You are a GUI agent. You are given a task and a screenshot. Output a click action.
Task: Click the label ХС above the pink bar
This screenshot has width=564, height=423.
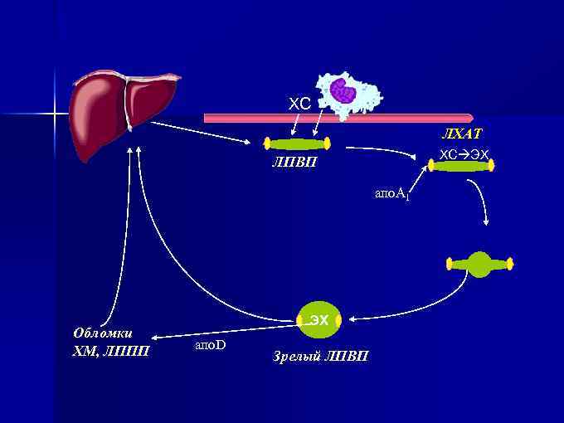pyautogui.click(x=299, y=104)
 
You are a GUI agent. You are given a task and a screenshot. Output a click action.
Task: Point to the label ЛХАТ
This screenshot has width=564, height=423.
pyautogui.click(x=462, y=134)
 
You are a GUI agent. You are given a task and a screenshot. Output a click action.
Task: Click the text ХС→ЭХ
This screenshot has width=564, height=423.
pyautogui.click(x=464, y=154)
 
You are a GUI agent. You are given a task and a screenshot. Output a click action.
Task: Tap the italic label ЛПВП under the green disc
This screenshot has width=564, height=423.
pyautogui.click(x=294, y=163)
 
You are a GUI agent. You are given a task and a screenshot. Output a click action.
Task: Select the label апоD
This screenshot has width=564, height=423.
pyautogui.click(x=210, y=343)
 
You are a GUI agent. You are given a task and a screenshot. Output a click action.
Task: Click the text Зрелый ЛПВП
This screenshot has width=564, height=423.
pyautogui.click(x=321, y=357)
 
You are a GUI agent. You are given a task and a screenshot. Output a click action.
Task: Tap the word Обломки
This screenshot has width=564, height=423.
pyautogui.click(x=104, y=333)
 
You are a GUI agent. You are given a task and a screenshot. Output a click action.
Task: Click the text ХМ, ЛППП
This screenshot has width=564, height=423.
pyautogui.click(x=111, y=351)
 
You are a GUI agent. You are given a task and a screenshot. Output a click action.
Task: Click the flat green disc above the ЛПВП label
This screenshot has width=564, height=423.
pyautogui.click(x=297, y=143)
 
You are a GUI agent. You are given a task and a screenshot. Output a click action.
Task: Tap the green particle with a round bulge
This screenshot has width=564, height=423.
pyautogui.click(x=480, y=265)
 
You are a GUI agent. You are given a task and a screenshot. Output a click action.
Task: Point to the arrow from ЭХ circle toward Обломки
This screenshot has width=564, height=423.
pyautogui.click(x=224, y=329)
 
